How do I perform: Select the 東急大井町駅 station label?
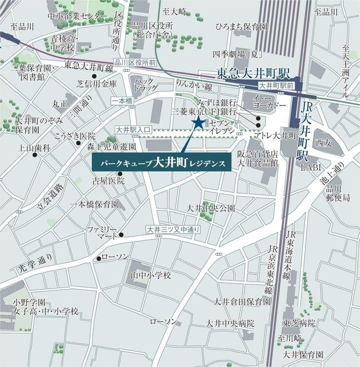254,74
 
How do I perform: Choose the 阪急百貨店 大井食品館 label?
258,158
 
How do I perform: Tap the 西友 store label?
324,141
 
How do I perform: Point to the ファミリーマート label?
102,232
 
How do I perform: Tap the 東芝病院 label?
299,323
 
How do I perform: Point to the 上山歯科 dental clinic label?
34,148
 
